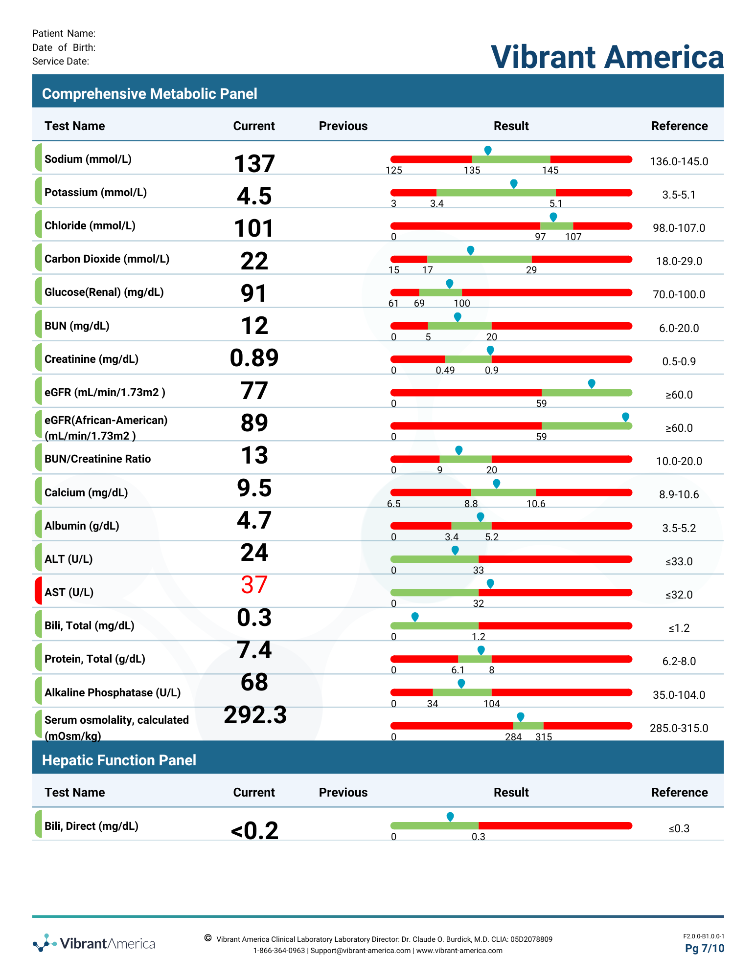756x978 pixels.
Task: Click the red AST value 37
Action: [254, 585]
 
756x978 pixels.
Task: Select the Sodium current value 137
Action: [254, 163]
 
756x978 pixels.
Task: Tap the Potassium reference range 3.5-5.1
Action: [679, 195]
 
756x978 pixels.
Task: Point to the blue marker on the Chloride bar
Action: [553, 217]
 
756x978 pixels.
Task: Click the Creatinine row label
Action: [92, 359]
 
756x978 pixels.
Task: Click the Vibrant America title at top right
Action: [607, 57]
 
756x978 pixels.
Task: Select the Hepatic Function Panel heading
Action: [119, 760]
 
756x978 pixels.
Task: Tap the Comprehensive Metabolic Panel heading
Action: [150, 93]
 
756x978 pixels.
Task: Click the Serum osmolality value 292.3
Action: [255, 715]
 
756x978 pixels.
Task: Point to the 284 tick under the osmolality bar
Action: [513, 737]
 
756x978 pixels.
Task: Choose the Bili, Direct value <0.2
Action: [254, 830]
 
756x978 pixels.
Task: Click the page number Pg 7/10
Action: [705, 948]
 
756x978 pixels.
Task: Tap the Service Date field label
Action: [61, 61]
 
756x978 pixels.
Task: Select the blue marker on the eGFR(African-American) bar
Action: [625, 417]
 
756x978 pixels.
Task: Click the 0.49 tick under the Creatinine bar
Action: [445, 370]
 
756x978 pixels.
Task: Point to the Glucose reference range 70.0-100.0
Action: [679, 294]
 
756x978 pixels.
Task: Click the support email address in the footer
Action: [361, 951]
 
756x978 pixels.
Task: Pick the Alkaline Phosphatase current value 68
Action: [254, 682]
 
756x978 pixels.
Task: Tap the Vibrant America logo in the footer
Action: [94, 943]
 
